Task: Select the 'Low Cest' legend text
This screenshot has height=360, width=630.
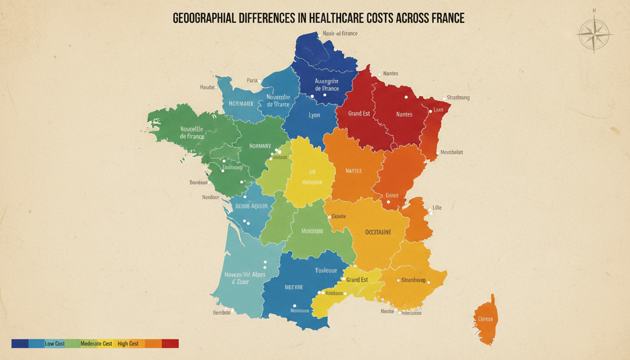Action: tap(55, 344)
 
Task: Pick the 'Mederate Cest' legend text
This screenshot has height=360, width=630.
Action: tap(96, 344)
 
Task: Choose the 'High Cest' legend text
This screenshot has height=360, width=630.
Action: tap(128, 344)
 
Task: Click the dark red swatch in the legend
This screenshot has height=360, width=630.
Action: tap(170, 344)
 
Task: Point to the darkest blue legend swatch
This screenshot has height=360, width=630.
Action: tap(20, 344)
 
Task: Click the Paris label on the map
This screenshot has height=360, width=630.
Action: tap(252, 81)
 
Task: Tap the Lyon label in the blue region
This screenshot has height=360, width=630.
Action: tap(315, 115)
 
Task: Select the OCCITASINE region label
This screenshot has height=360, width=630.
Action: tap(378, 232)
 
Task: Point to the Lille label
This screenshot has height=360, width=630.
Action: tap(437, 208)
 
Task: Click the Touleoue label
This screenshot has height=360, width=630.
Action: tap(326, 270)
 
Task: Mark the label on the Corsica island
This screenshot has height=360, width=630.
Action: tap(485, 319)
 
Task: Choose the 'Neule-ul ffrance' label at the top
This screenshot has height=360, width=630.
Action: tap(341, 34)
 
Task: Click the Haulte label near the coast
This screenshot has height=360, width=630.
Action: tap(207, 87)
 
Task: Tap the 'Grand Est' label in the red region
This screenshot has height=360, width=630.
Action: tap(359, 113)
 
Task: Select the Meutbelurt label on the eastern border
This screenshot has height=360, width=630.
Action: tap(452, 152)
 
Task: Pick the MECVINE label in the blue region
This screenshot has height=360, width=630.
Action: tap(293, 287)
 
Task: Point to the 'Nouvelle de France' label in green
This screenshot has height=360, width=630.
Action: tap(192, 133)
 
